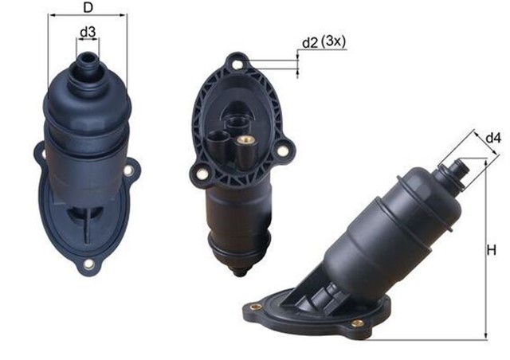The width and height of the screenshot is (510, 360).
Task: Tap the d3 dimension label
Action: [88, 33]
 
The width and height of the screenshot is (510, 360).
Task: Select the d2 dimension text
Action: [308, 42]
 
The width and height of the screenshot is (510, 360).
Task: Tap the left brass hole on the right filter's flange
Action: [256, 305]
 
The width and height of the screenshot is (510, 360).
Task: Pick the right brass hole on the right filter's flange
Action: [358, 324]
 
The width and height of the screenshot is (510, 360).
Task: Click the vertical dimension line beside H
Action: [484, 250]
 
